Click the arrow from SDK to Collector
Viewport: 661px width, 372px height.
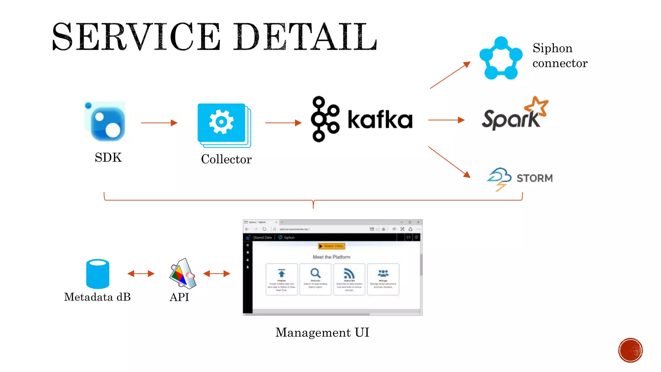pos(159,123)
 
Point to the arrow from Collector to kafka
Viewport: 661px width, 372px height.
pos(283,123)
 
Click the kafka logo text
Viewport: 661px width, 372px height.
pos(380,119)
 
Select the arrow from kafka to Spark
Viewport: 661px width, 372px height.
pos(446,120)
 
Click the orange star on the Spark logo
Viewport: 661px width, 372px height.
pos(537,106)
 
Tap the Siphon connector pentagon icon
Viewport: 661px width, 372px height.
pos(501,58)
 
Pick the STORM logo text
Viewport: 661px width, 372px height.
pos(534,178)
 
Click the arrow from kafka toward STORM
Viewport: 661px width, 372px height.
pos(449,162)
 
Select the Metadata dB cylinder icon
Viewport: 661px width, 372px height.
pos(97,274)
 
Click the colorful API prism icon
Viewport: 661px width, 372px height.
pos(182,274)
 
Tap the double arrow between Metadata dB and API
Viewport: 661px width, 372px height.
pos(141,274)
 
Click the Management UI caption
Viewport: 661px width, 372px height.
pos(322,332)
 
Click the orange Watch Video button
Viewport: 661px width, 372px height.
pos(331,246)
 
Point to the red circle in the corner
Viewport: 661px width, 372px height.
pos(630,350)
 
